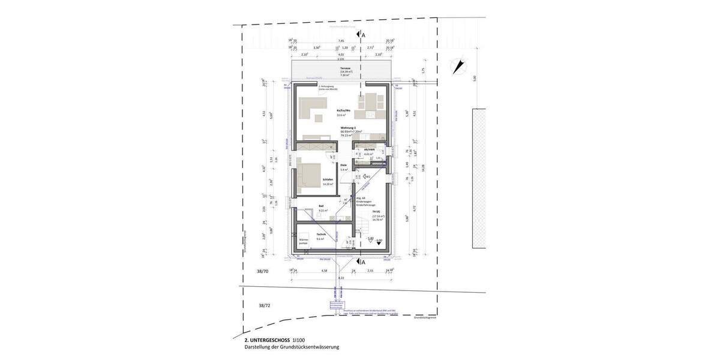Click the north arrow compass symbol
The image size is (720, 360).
(x=460, y=65)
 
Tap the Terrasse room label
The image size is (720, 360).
(x=345, y=68)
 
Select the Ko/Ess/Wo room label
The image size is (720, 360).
(x=343, y=111)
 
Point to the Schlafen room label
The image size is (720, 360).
(x=328, y=179)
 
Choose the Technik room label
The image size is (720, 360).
(x=320, y=234)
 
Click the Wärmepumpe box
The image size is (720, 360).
(x=304, y=241)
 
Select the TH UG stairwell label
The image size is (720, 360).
(x=377, y=212)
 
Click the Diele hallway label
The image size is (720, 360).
(x=344, y=165)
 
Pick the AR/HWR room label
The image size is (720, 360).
(x=369, y=150)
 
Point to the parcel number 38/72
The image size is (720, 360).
(x=264, y=305)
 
